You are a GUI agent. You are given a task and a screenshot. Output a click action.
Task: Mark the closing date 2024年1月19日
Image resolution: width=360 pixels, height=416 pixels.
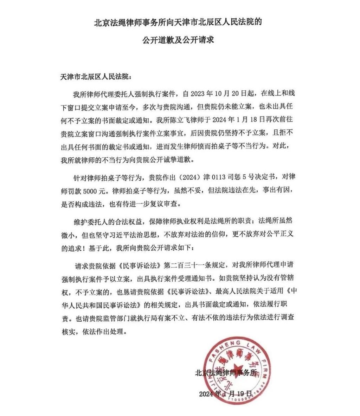click(x=225, y=393)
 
